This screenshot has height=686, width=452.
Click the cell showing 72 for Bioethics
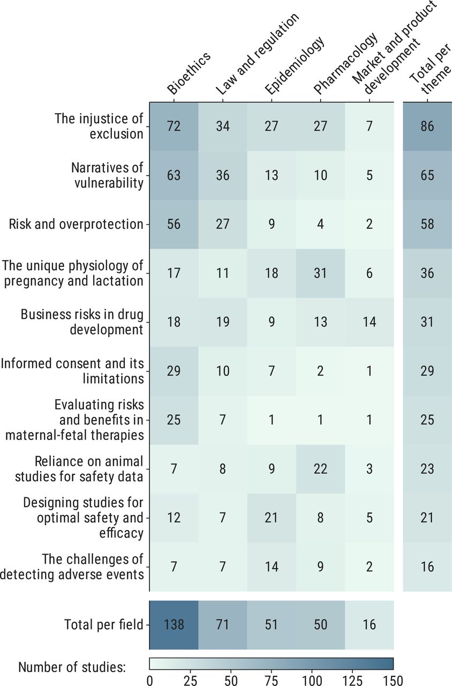174,126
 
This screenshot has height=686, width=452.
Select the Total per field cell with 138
174,624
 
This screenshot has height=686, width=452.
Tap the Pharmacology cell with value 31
320,272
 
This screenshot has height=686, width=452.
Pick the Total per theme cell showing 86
427,126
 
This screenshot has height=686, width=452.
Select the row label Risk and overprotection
76,224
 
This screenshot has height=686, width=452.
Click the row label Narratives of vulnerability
107,175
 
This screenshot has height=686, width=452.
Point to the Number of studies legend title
72,667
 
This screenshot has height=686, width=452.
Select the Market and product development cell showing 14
369,322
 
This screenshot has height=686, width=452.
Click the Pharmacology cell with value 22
320,468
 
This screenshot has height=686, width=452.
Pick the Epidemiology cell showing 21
272,518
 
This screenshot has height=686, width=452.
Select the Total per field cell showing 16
369,624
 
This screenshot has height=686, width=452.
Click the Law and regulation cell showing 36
222,175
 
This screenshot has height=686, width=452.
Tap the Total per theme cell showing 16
427,566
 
